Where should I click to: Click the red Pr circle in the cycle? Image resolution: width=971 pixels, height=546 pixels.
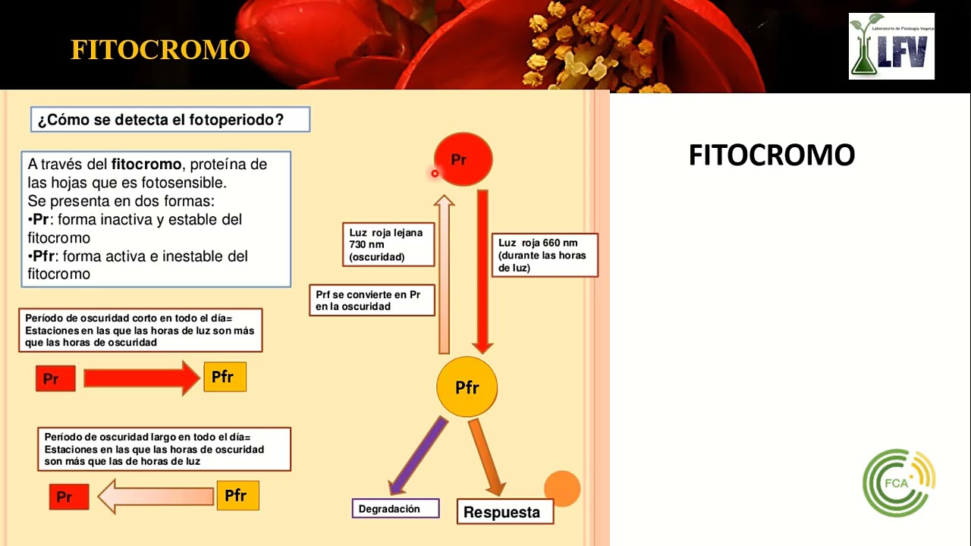(x=464, y=159)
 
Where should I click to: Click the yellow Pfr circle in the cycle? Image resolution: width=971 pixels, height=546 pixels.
(x=467, y=388)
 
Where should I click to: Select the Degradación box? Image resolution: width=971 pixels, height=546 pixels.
(x=395, y=509)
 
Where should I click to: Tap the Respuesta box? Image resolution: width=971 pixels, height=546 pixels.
(x=504, y=512)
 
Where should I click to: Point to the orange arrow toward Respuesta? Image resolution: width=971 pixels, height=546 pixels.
(x=487, y=457)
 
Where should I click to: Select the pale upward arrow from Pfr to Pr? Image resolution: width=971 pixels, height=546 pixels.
(x=445, y=273)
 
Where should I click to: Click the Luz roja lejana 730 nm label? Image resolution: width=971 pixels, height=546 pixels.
(x=388, y=245)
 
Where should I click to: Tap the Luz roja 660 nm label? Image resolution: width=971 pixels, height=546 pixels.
(x=544, y=255)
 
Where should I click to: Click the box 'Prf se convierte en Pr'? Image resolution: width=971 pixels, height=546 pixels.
(x=372, y=300)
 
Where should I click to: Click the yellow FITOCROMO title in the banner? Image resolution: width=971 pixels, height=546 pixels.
(x=160, y=50)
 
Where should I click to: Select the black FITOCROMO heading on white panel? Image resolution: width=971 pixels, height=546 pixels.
(x=771, y=155)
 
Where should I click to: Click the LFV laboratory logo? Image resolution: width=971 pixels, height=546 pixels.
(x=891, y=46)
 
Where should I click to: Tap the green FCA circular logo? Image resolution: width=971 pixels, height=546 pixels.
(x=899, y=483)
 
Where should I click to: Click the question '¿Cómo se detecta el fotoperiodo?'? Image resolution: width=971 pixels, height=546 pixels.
(x=170, y=120)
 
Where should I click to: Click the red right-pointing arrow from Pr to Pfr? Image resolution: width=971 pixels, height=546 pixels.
(x=141, y=378)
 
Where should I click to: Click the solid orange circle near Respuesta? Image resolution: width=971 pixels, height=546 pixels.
(x=562, y=488)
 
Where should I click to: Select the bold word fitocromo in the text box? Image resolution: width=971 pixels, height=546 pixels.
(x=146, y=164)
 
